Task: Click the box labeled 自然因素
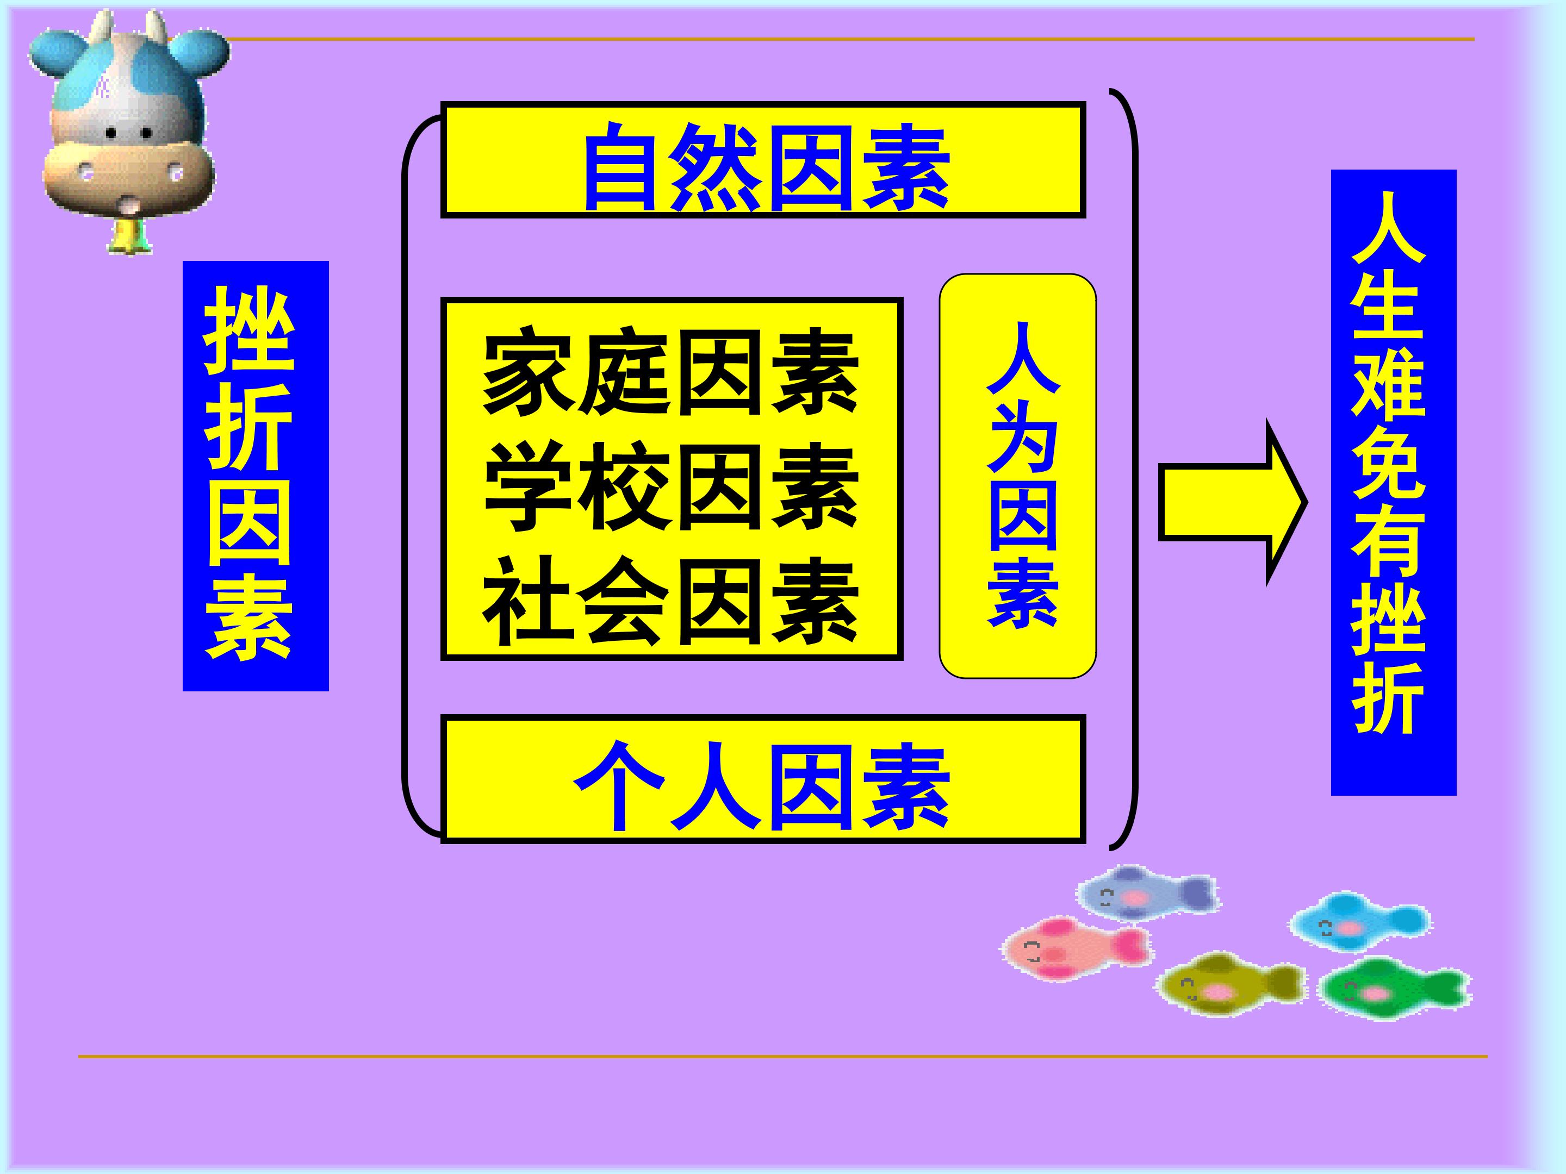point(763,160)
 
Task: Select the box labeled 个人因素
point(763,779)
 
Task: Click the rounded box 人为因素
point(1017,476)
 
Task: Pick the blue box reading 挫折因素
point(256,476)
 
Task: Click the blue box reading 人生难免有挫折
point(1393,483)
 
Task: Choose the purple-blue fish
point(1147,893)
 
